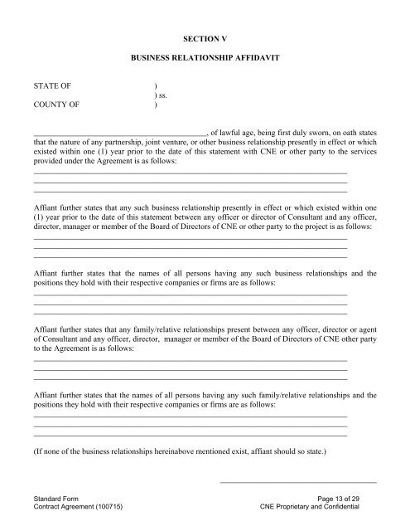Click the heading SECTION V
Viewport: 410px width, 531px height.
coord(205,37)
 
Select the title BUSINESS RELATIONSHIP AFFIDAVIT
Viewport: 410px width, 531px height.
coord(205,61)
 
